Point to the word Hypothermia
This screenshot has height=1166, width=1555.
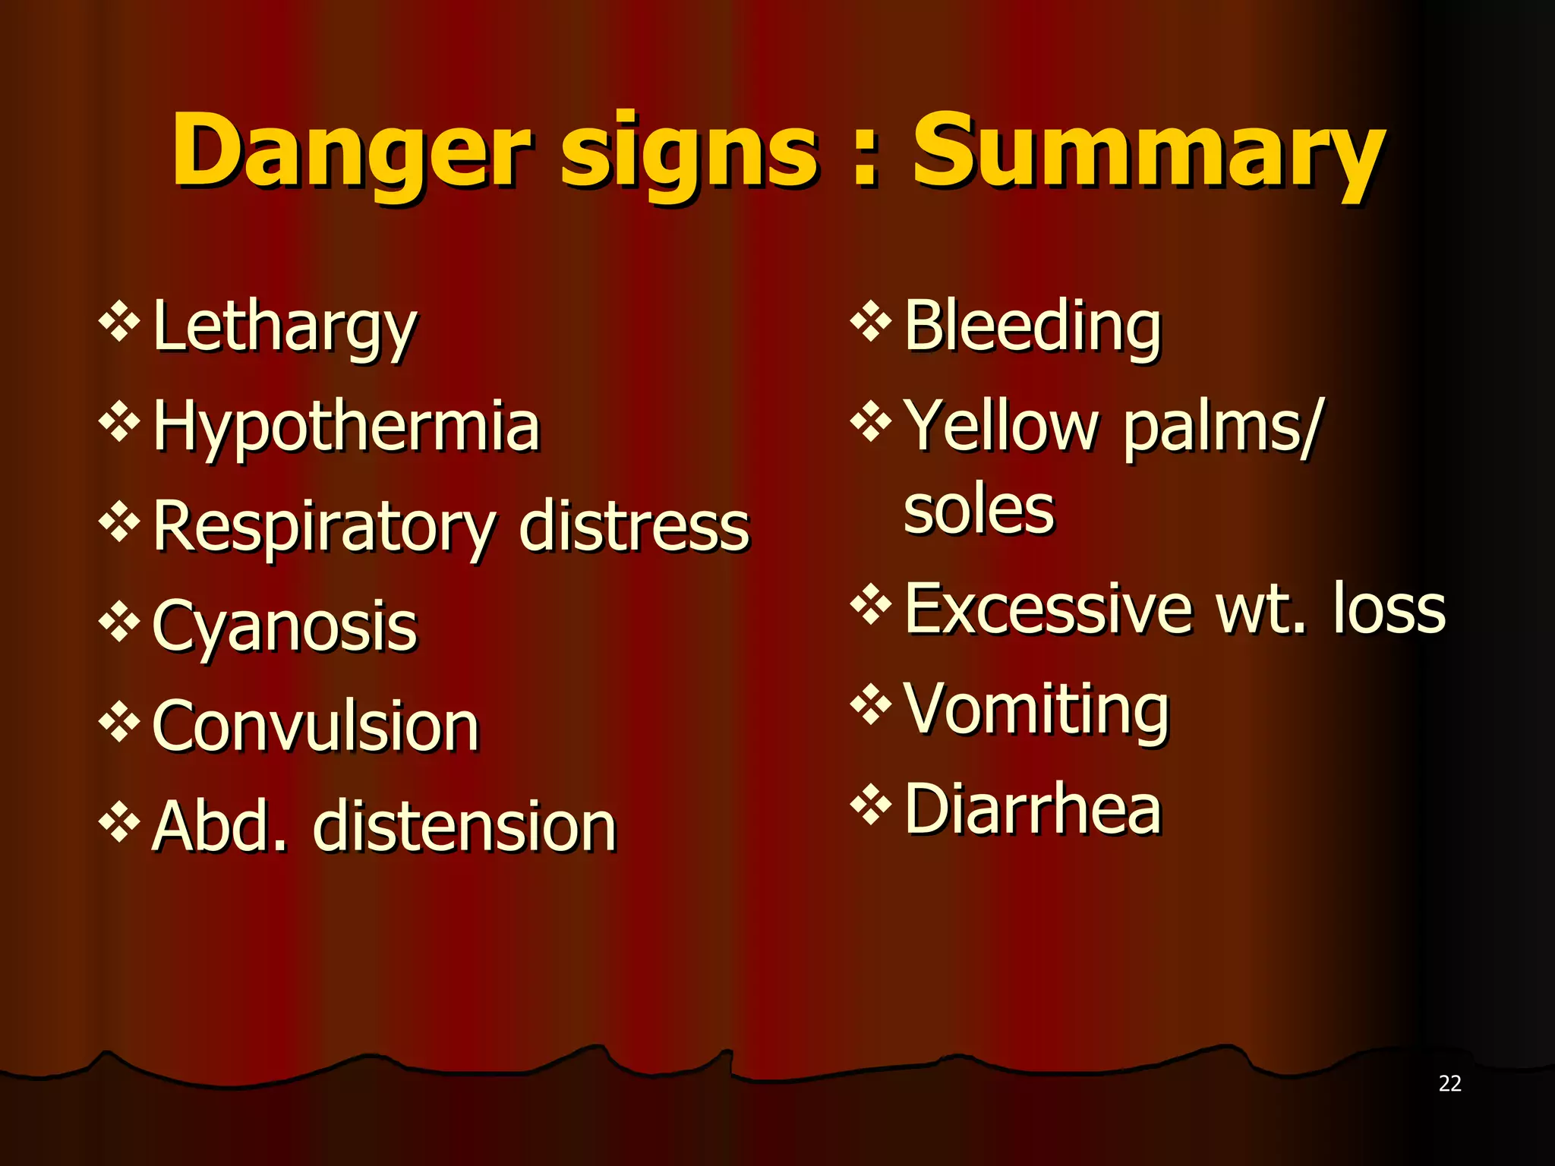pos(346,427)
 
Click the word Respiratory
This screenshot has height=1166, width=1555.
pos(324,527)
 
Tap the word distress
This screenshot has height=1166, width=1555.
pos(634,527)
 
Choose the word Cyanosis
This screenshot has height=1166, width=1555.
pos(285,627)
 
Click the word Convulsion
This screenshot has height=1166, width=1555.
pos(316,727)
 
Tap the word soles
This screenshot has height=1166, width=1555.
pos(979,509)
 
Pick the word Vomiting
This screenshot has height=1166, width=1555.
pos(1036,709)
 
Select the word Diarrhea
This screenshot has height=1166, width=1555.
pos(1033,809)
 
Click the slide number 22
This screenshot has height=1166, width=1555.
pos(1449,1083)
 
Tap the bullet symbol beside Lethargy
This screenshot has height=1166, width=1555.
pos(119,322)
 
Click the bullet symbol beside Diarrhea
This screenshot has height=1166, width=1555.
pos(871,805)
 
